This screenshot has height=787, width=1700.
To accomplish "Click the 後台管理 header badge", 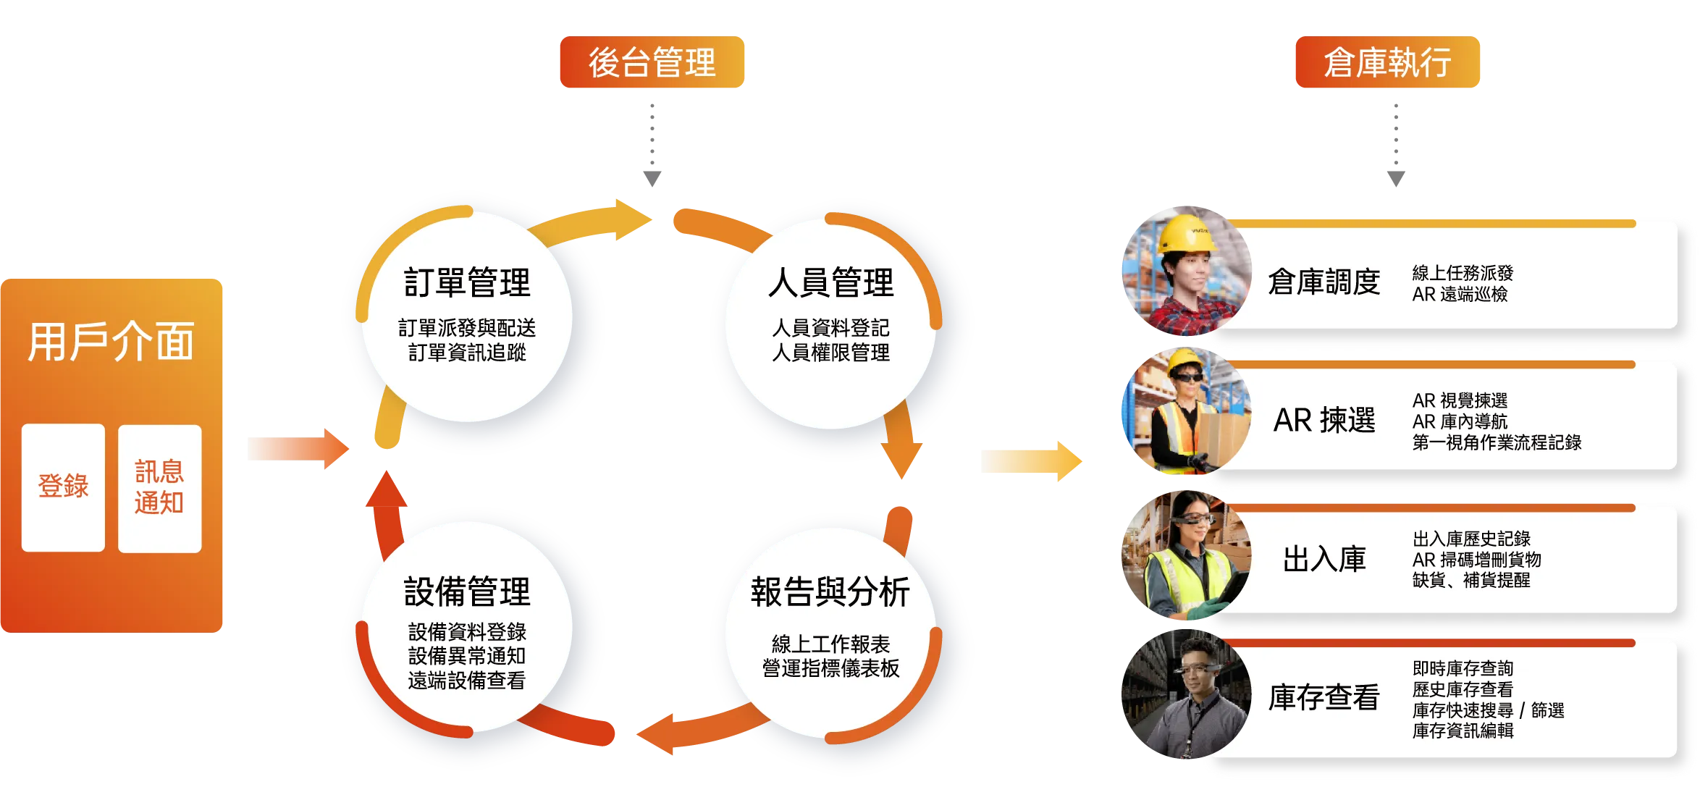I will tap(652, 63).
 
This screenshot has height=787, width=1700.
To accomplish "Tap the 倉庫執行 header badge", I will tap(1387, 63).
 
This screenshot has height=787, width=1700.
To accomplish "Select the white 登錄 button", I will tap(63, 487).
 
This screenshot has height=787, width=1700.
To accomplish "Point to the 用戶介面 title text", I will tap(111, 342).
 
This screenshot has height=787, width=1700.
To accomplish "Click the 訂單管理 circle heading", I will tap(467, 282).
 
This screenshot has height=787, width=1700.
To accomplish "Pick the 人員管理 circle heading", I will tap(830, 282).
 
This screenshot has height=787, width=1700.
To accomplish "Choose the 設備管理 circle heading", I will tap(467, 592).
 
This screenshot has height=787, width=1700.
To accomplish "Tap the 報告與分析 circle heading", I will tap(830, 592).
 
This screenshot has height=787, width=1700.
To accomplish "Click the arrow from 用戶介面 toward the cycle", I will tap(297, 449).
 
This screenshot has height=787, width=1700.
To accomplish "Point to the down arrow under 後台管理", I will tap(652, 145).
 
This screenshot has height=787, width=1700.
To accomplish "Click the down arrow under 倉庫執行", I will tap(1396, 145).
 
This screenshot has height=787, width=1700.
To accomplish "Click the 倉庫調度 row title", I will tap(1324, 282).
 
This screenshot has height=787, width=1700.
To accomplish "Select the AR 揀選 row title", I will tap(1324, 421).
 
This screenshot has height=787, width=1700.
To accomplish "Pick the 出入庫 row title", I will tap(1324, 560).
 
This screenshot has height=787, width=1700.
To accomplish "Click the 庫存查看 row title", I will tap(1324, 698).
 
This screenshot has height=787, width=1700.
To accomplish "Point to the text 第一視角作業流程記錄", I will tap(1497, 442).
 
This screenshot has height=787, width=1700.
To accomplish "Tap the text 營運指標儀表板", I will tap(830, 668).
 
